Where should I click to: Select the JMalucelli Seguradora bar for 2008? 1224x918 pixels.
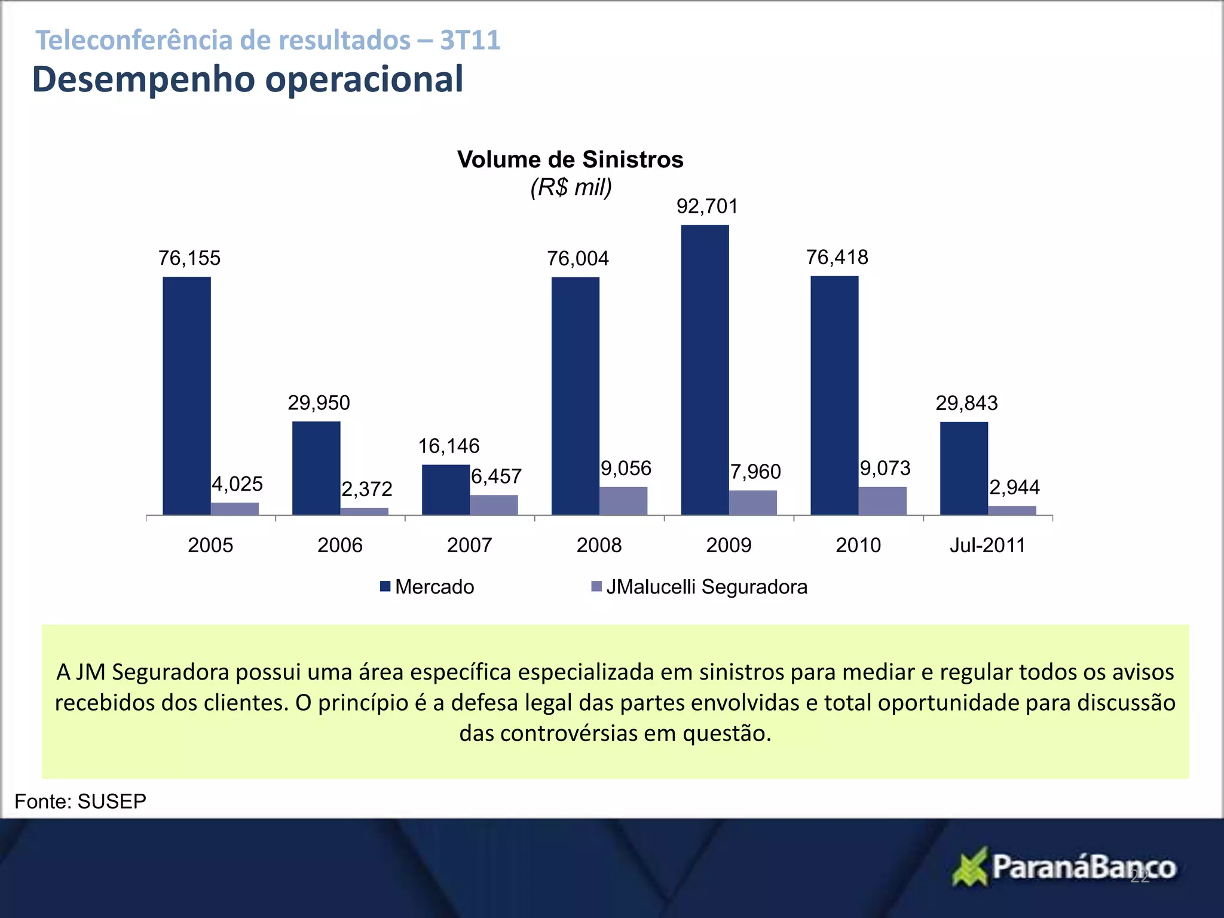pyautogui.click(x=623, y=501)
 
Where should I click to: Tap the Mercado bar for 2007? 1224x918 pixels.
pyautogui.click(x=445, y=489)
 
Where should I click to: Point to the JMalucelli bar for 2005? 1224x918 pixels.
pyautogui.click(x=235, y=509)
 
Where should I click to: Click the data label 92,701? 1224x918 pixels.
pyautogui.click(x=707, y=207)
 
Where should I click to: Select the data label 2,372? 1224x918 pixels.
pyautogui.click(x=366, y=489)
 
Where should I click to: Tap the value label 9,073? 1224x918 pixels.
pyautogui.click(x=885, y=469)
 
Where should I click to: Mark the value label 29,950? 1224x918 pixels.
pyautogui.click(x=319, y=403)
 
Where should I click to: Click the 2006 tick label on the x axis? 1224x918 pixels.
pyautogui.click(x=339, y=545)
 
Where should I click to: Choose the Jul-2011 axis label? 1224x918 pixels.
pyautogui.click(x=987, y=545)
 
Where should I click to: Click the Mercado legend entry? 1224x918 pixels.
pyautogui.click(x=427, y=587)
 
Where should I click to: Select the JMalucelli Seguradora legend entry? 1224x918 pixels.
pyautogui.click(x=699, y=587)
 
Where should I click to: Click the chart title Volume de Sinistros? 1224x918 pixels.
pyautogui.click(x=570, y=160)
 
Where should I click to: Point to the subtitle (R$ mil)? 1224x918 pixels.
pyautogui.click(x=571, y=188)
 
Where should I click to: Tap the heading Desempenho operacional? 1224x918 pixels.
pyautogui.click(x=247, y=79)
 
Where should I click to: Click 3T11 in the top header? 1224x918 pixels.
pyautogui.click(x=470, y=41)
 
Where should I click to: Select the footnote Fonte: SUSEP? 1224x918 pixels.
pyautogui.click(x=80, y=801)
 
